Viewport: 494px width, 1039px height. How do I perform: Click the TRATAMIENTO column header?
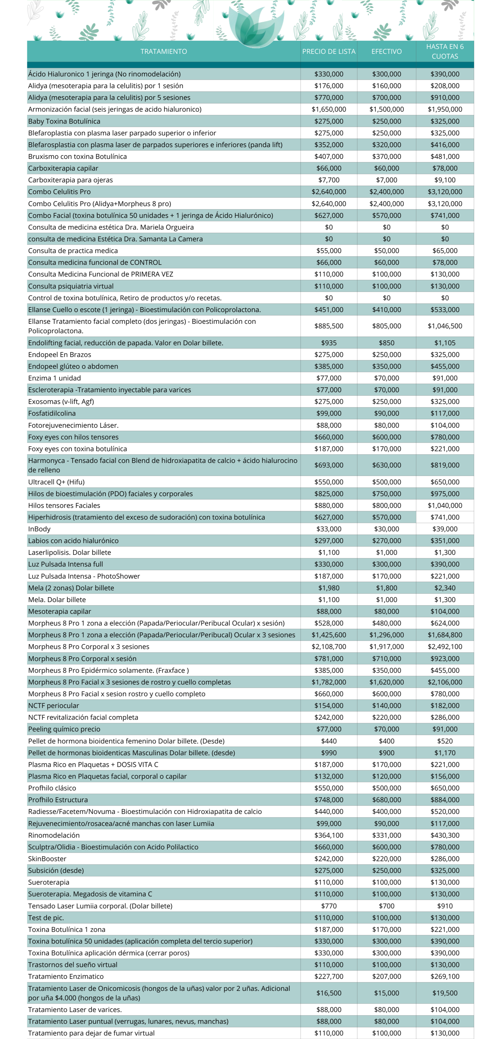click(163, 51)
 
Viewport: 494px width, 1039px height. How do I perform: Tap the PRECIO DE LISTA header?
click(329, 51)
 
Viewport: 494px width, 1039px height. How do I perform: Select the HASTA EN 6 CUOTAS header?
click(445, 51)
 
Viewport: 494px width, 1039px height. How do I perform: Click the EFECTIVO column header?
click(386, 51)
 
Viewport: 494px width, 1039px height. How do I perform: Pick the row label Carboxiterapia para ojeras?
click(71, 180)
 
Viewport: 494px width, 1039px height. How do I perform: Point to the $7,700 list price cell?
click(329, 180)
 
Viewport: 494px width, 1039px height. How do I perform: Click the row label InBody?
click(39, 529)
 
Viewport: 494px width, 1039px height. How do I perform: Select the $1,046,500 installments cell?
click(445, 326)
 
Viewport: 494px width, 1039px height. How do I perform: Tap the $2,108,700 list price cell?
click(329, 646)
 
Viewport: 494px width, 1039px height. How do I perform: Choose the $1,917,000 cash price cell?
click(386, 646)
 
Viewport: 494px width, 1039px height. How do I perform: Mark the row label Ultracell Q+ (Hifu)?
click(56, 482)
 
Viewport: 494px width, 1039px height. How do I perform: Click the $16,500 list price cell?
click(329, 993)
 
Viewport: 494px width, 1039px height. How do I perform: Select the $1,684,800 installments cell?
click(445, 635)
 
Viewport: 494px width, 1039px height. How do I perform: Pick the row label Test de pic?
click(46, 918)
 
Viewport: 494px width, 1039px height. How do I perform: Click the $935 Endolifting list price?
click(329, 343)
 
